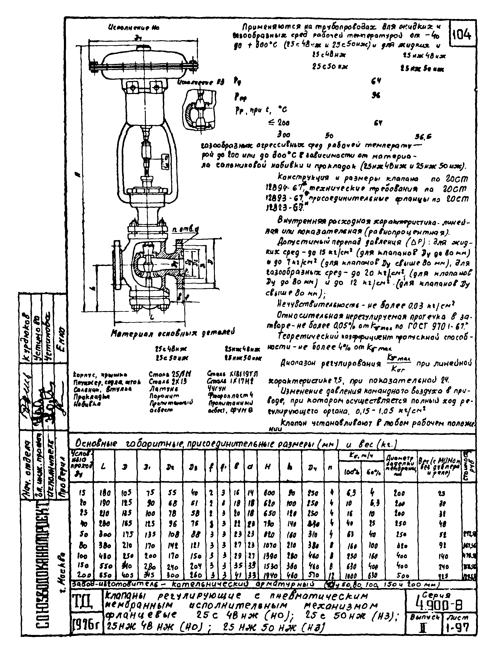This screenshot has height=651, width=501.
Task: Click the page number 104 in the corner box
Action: (461, 35)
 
